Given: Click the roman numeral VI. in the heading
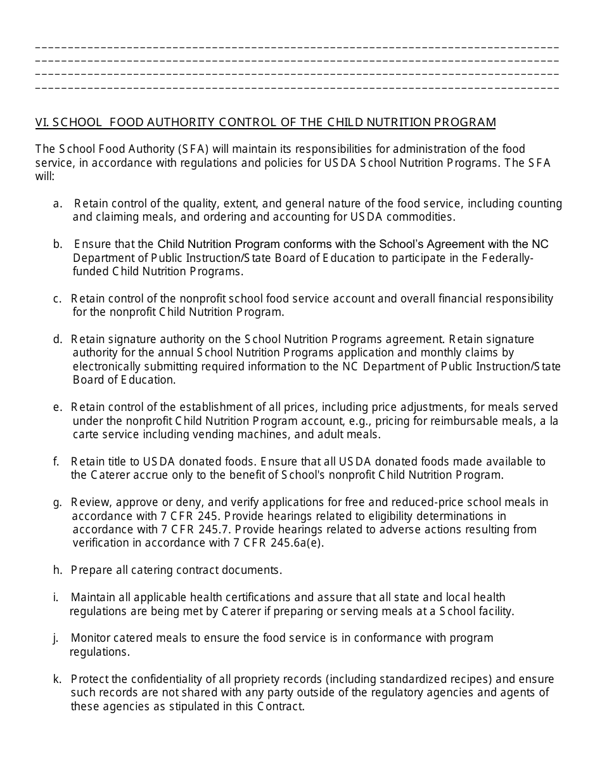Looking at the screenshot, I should (x=42, y=122).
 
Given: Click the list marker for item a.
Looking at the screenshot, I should (x=58, y=204).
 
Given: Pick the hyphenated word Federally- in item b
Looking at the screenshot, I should (x=508, y=258).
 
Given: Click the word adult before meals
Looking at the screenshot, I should (x=343, y=434).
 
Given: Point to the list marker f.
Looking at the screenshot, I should (x=56, y=462).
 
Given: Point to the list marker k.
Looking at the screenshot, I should (x=57, y=679).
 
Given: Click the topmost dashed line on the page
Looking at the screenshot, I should (x=297, y=48).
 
